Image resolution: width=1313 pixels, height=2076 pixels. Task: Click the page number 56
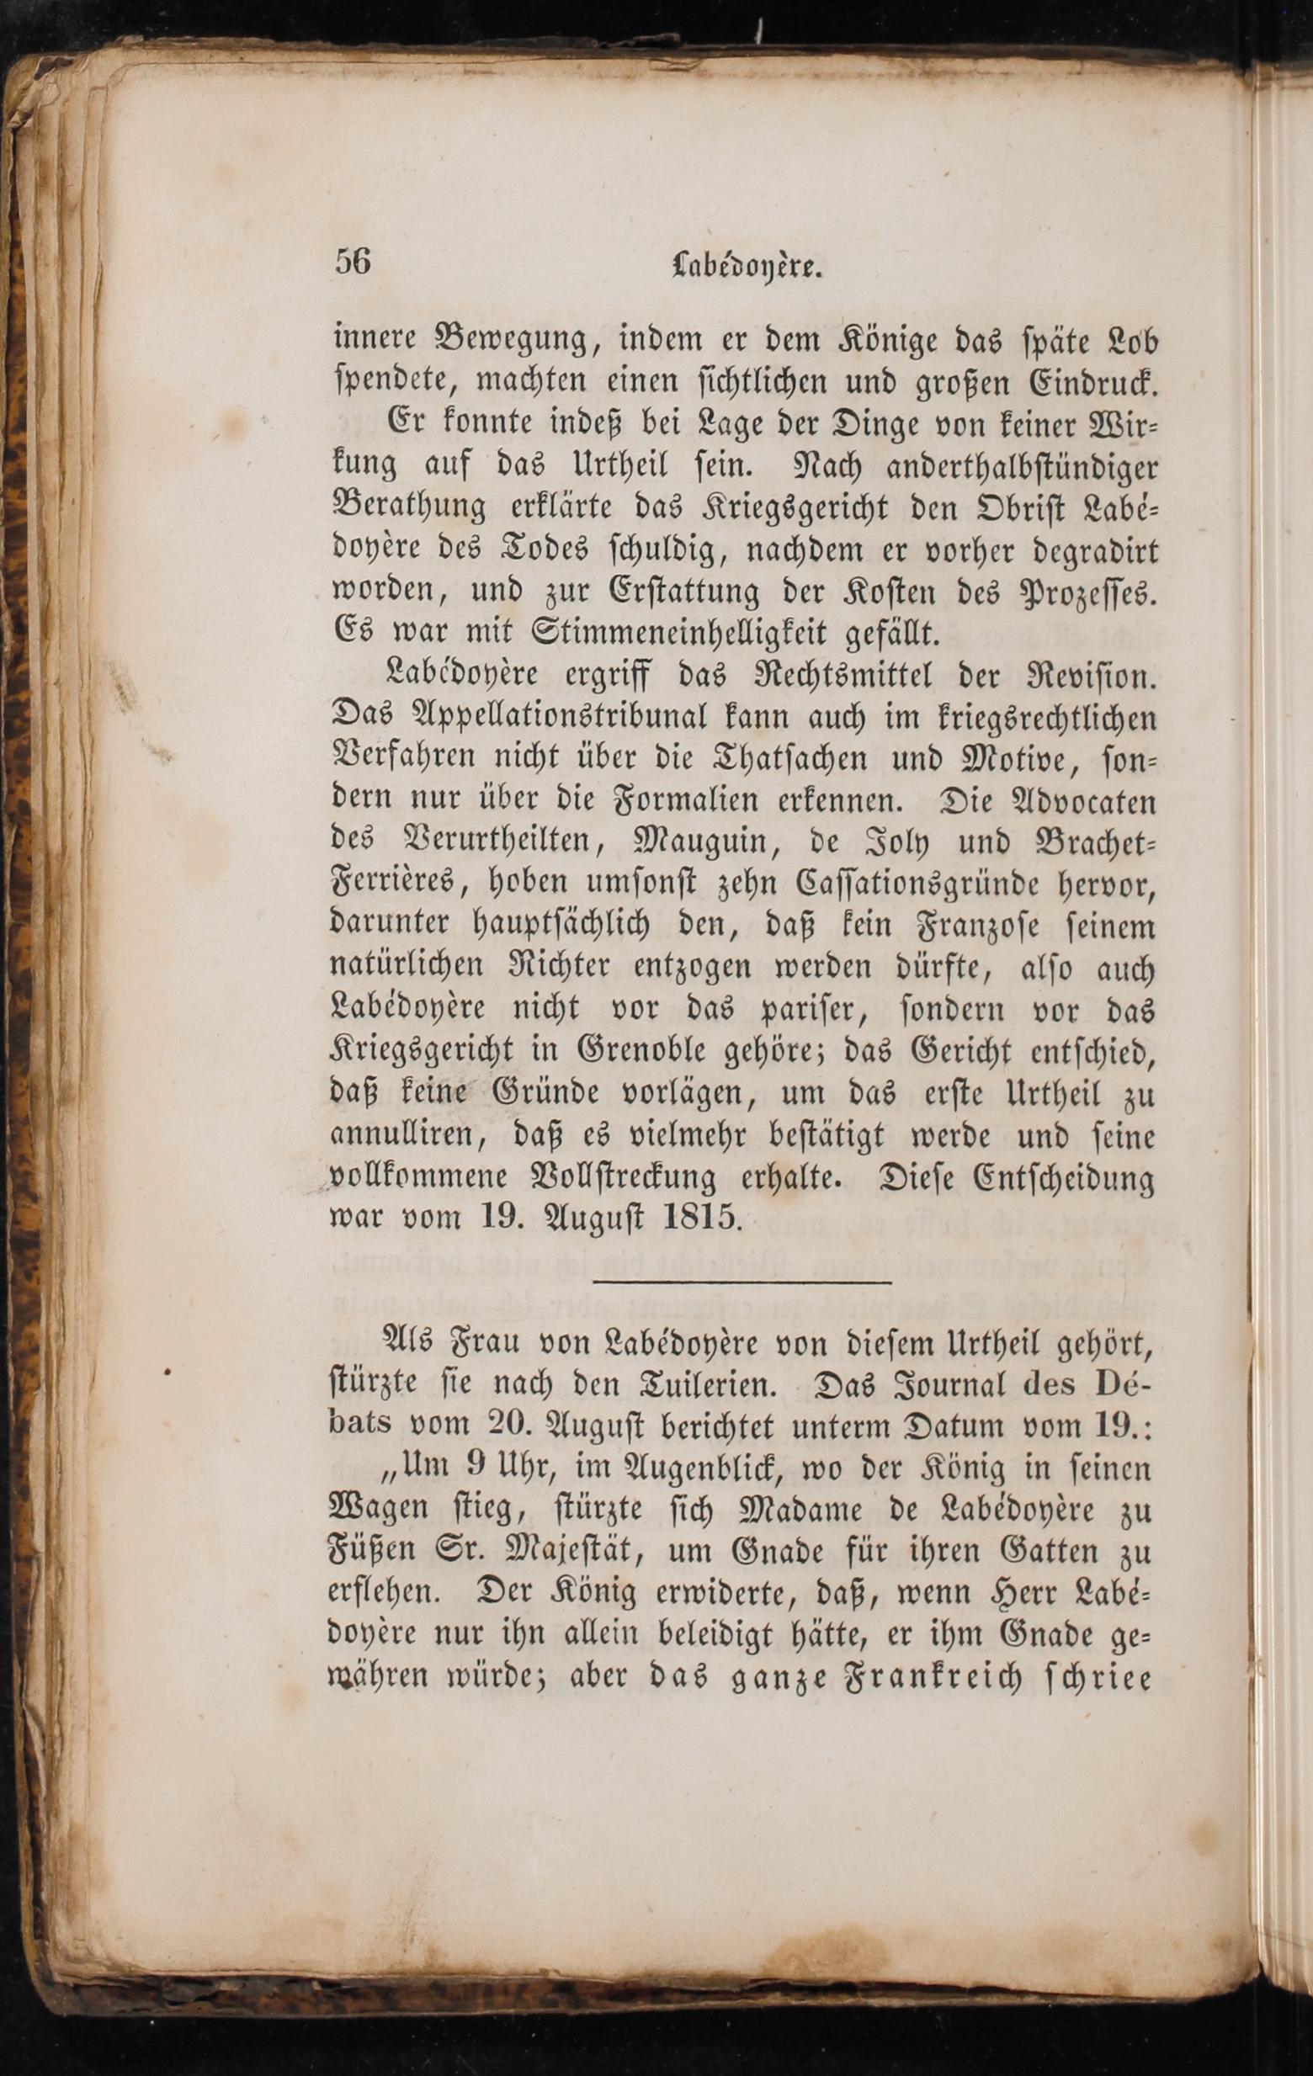coord(353,262)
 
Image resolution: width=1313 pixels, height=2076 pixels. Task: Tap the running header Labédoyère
coord(747,267)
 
